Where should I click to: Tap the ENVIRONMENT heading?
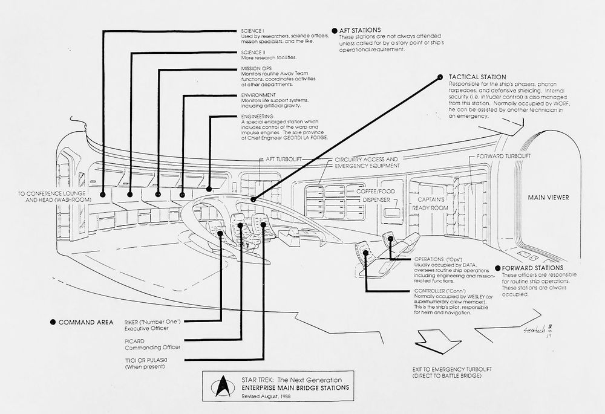[x=258, y=95]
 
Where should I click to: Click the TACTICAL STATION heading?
[x=477, y=77]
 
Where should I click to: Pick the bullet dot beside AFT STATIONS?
[x=334, y=30]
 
